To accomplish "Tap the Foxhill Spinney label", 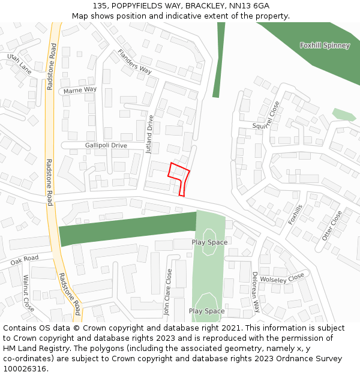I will (325, 46).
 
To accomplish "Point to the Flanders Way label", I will (134, 61).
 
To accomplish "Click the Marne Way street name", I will (80, 90).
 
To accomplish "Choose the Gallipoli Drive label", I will (106, 145).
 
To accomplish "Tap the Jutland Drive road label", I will (150, 134).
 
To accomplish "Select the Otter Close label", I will (332, 226).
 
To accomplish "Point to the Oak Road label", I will (24, 260).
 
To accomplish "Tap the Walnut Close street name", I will (28, 293).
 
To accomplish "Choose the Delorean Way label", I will (255, 291).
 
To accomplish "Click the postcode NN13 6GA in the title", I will (254, 5).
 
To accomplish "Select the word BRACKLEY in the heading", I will (206, 5).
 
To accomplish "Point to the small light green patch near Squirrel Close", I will (344, 114).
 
